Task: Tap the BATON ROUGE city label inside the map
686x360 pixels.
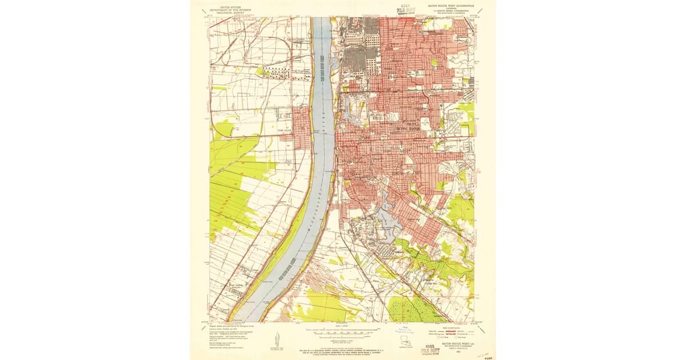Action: coord(408,129)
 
